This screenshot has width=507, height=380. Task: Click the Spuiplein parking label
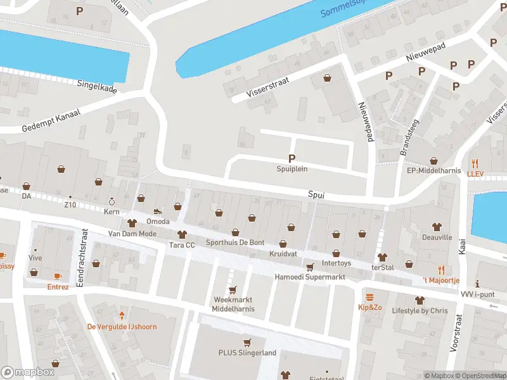[292, 169]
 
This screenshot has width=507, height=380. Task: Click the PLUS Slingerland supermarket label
[247, 353]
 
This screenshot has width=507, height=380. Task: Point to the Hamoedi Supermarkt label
[309, 277]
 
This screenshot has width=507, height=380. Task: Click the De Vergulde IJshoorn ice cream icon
[121, 315]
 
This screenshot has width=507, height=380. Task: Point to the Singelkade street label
[97, 86]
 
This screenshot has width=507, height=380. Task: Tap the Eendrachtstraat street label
[80, 258]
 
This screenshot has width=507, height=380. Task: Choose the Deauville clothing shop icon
[437, 226]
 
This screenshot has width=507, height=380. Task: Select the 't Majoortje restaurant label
[441, 280]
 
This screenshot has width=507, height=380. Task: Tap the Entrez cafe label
[58, 286]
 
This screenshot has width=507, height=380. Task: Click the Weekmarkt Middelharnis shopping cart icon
[232, 290]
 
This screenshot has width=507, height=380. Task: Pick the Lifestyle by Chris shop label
[419, 310]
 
